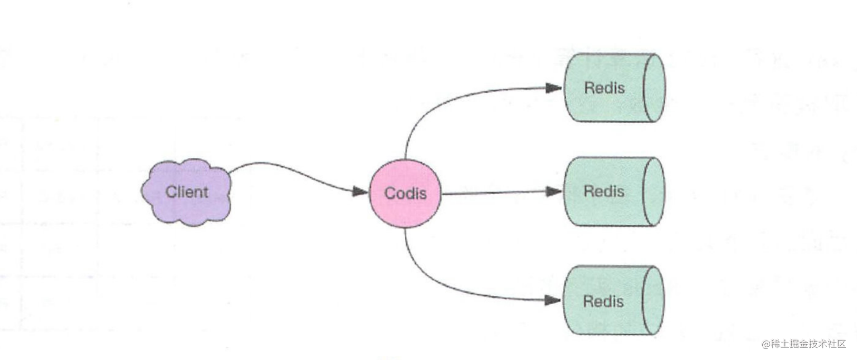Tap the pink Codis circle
pyautogui.click(x=405, y=193)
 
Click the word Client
pyautogui.click(x=187, y=192)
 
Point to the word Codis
pyautogui.click(x=405, y=193)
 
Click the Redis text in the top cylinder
pyautogui.click(x=604, y=87)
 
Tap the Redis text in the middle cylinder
pyautogui.click(x=604, y=191)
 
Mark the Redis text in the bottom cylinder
pyautogui.click(x=603, y=301)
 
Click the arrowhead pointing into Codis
pyautogui.click(x=361, y=192)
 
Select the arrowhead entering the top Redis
pyautogui.click(x=554, y=88)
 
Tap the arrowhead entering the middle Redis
pyautogui.click(x=554, y=192)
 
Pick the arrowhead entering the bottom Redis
pyautogui.click(x=553, y=301)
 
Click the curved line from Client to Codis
pyautogui.click(x=295, y=171)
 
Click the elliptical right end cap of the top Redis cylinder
pyautogui.click(x=655, y=87)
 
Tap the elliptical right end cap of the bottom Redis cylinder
pyautogui.click(x=654, y=301)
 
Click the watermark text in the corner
pyautogui.click(x=803, y=344)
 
